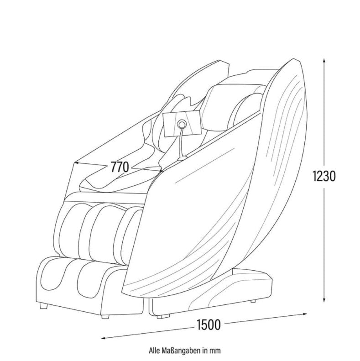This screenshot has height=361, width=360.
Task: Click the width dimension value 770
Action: click(120, 167)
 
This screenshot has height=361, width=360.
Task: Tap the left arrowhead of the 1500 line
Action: click(103, 338)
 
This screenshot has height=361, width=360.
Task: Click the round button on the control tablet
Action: click(182, 124)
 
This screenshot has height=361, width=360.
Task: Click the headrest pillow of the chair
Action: click(220, 103)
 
